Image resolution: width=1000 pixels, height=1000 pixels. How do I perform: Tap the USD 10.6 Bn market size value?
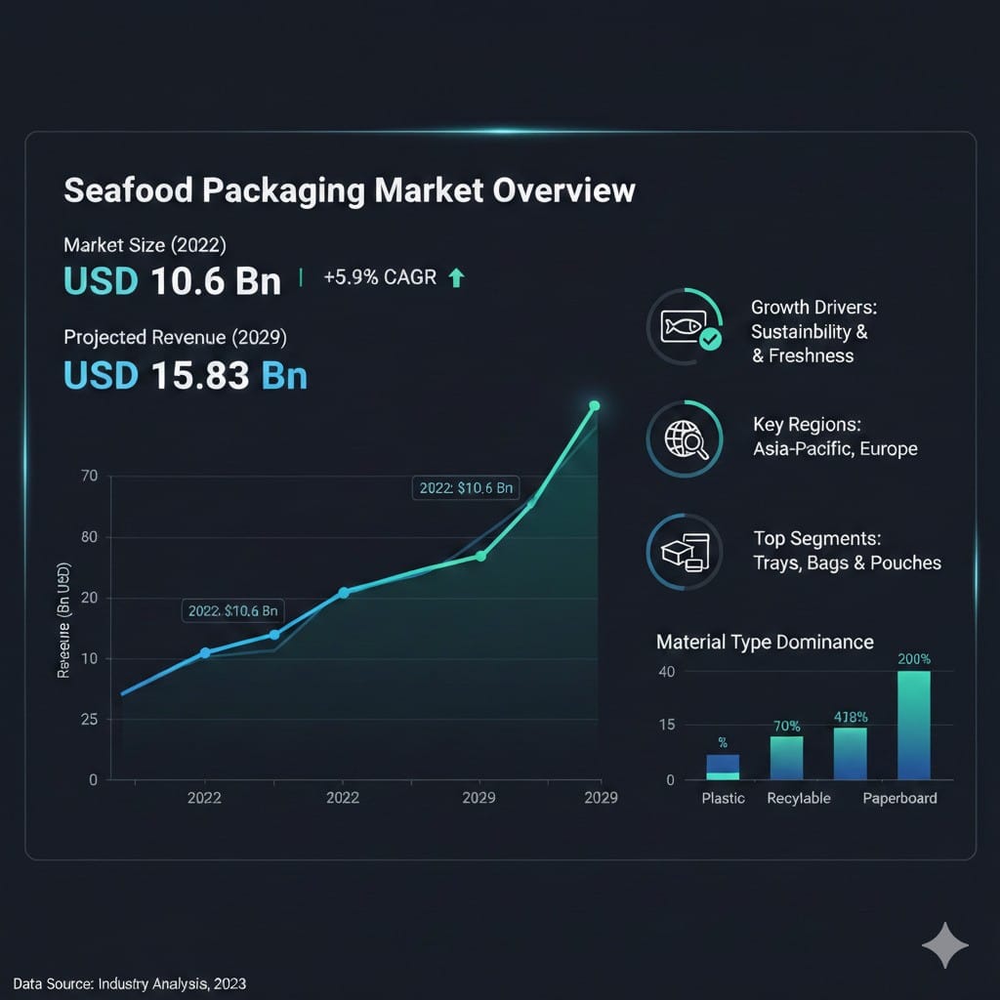[172, 280]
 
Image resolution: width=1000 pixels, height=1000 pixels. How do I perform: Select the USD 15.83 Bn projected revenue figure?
[186, 374]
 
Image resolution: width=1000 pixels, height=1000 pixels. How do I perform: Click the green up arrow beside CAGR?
[455, 278]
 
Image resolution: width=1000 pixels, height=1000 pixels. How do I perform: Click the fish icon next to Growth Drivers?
[684, 327]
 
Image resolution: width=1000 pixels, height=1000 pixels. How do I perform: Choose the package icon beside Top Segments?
[684, 553]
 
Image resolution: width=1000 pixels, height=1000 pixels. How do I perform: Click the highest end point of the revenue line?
[594, 406]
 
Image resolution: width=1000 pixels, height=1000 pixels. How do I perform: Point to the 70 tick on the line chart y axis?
[90, 477]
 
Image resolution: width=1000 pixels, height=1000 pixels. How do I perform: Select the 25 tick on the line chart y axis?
[90, 720]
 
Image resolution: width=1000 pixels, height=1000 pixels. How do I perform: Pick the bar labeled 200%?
[913, 725]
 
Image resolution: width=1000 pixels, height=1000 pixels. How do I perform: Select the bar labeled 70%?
[786, 758]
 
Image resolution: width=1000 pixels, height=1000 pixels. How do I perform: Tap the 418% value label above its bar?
[851, 717]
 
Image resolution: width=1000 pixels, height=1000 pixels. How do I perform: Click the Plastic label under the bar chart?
[723, 798]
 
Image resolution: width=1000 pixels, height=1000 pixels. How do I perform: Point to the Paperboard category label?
[899, 798]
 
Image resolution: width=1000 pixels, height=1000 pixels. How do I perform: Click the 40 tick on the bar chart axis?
[667, 672]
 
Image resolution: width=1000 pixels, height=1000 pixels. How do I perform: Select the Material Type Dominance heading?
[765, 642]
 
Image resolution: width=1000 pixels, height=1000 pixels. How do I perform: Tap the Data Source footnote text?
[129, 983]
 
